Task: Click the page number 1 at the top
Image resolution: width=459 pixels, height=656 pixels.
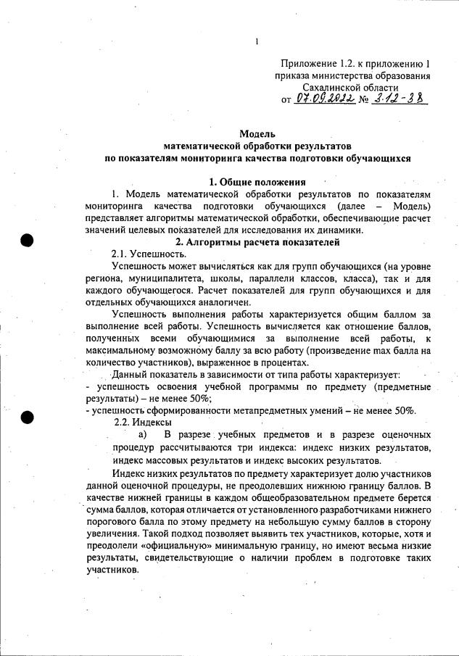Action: click(257, 41)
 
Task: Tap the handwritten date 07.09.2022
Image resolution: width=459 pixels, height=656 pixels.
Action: click(325, 98)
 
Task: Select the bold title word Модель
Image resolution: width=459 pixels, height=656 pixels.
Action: click(257, 134)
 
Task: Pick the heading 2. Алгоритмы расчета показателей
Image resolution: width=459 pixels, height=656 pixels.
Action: click(257, 241)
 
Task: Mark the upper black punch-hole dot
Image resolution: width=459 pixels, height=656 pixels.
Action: click(28, 240)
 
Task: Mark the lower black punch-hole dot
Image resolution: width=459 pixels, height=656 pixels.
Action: click(28, 417)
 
